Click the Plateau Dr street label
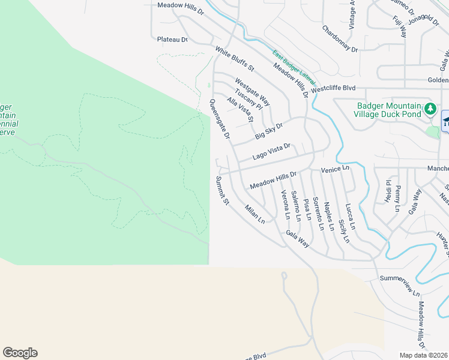point(172,40)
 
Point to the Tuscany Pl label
point(249,97)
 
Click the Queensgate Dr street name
point(219,119)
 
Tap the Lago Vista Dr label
point(271,151)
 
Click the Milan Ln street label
point(255,214)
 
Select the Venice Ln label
point(335,170)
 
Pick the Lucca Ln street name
point(350,217)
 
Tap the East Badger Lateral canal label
point(294,67)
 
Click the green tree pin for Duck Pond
point(430,109)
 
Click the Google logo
point(20,353)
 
